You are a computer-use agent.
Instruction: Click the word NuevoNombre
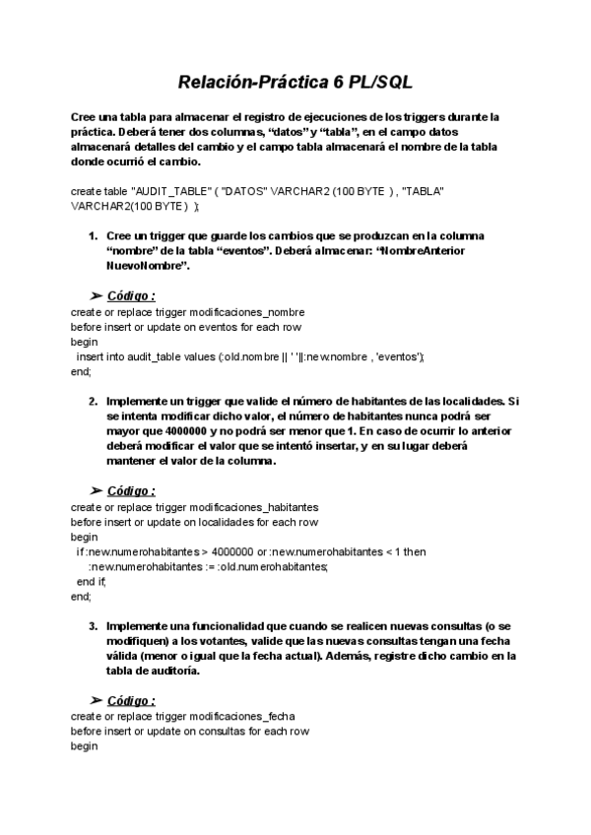pyautogui.click(x=146, y=266)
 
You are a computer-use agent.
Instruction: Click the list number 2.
pyautogui.click(x=93, y=402)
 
